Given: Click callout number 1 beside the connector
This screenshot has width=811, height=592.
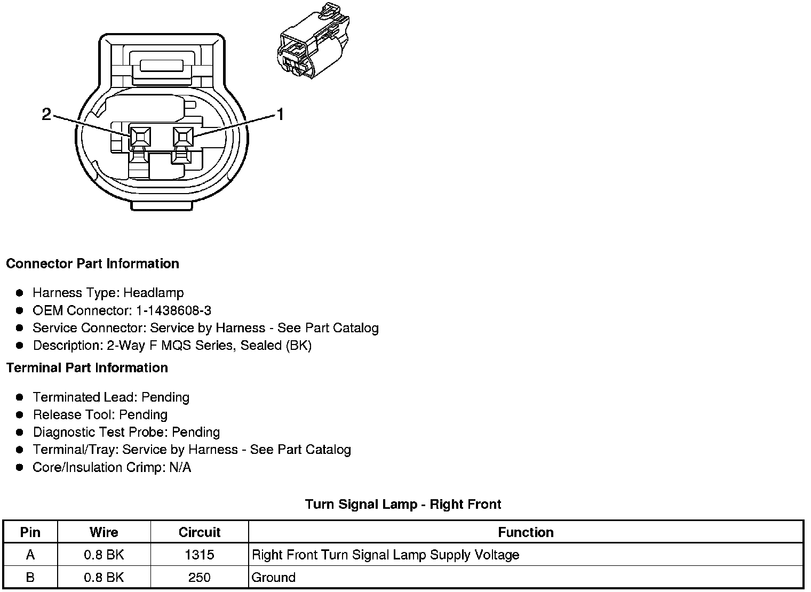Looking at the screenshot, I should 279,114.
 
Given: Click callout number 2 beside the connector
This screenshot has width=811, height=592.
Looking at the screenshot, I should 47,114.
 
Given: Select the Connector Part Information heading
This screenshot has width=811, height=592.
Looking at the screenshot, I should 92,264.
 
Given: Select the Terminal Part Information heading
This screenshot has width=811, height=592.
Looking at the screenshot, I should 87,368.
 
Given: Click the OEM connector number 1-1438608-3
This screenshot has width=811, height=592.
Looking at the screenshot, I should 173,310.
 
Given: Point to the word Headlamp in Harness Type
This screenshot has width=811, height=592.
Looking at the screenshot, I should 154,293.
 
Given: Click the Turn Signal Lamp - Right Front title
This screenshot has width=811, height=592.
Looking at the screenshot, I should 403,505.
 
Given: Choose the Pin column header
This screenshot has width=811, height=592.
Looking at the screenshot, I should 30,532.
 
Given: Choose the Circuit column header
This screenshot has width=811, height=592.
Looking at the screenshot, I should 200,532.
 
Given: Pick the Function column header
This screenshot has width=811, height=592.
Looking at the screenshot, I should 526,532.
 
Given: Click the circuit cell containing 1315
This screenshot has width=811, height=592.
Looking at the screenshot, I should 200,555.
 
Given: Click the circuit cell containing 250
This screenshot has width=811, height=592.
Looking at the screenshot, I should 200,578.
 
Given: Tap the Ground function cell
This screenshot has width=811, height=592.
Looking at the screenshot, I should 273,578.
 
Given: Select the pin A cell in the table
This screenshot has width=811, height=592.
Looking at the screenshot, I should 30,555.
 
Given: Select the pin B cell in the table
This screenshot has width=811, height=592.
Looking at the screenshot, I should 30,578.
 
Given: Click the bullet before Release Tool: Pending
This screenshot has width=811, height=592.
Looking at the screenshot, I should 20,415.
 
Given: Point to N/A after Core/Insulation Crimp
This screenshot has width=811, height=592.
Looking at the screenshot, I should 179,468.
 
